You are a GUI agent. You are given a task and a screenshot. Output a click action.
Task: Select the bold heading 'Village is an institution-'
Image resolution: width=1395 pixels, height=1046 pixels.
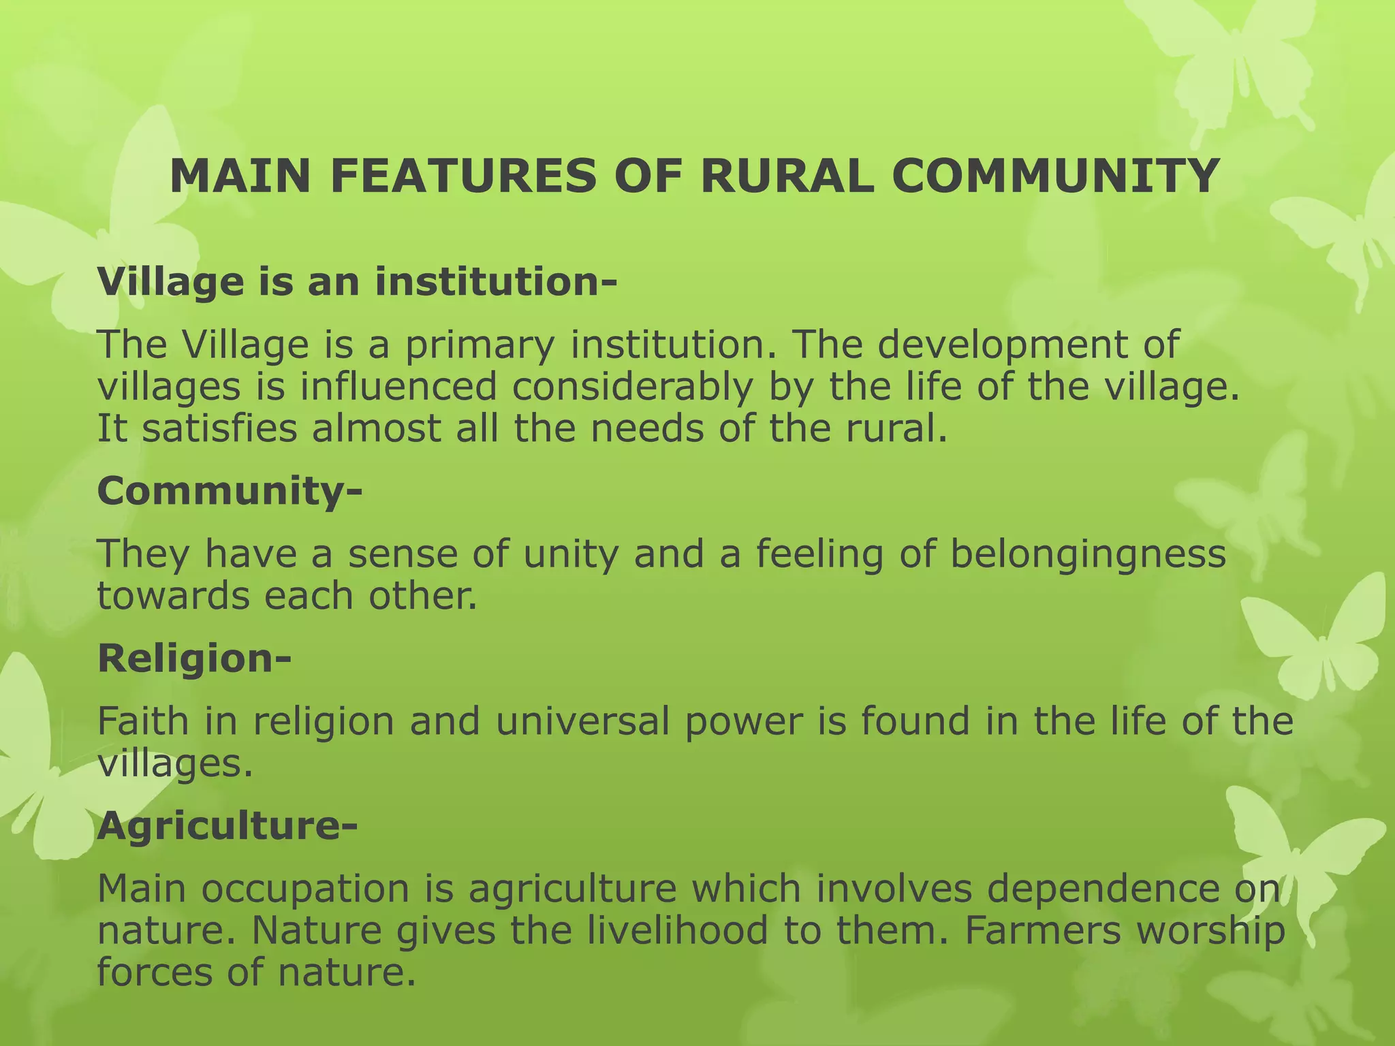[357, 281]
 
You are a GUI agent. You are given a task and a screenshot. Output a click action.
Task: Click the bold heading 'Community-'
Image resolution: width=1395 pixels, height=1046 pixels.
[230, 490]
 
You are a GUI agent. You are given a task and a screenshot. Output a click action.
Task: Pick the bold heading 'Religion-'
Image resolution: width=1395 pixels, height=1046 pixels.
[194, 659]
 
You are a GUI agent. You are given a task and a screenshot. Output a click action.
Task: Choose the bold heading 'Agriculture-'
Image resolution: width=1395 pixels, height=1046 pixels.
[227, 826]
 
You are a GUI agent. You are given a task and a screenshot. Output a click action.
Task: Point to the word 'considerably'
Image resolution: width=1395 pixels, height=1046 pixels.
[633, 387]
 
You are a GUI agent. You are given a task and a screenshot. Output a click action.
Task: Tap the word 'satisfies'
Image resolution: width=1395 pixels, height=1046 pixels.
[219, 429]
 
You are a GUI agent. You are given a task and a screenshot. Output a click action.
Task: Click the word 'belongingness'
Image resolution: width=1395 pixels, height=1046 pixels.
[1088, 554]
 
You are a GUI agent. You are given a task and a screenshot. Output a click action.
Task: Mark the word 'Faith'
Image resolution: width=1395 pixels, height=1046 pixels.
[142, 721]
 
